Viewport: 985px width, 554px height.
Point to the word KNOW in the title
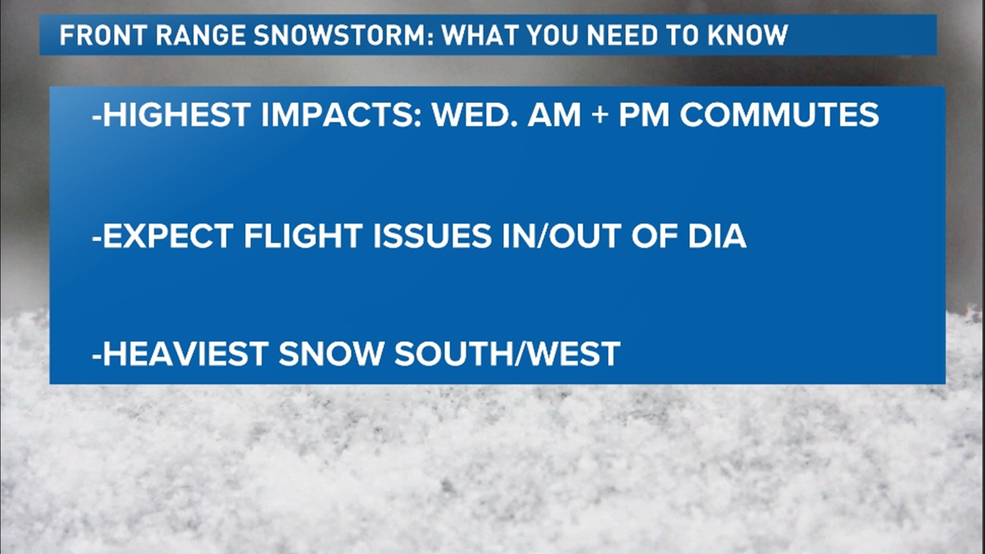click(x=747, y=35)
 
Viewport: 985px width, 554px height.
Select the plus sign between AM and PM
click(x=600, y=115)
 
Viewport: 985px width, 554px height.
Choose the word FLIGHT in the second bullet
click(x=303, y=236)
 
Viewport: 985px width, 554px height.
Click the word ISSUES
click(x=432, y=236)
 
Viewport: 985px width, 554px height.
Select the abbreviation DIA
click(x=717, y=236)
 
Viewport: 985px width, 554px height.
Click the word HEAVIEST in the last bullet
click(x=185, y=353)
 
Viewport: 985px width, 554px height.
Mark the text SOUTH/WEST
click(x=507, y=353)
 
